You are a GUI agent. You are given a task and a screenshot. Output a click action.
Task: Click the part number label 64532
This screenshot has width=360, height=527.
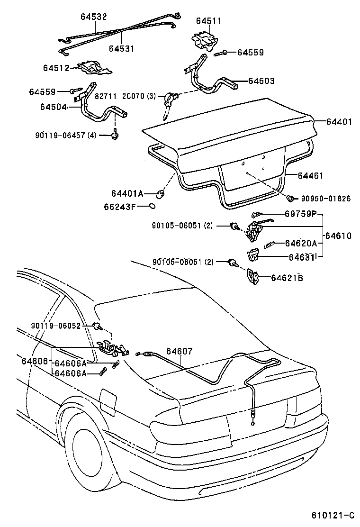(x=93, y=17)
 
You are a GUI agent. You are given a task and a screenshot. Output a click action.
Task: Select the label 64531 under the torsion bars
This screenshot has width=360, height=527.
(x=121, y=48)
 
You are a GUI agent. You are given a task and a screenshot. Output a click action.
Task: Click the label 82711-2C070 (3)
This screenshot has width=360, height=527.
(x=125, y=96)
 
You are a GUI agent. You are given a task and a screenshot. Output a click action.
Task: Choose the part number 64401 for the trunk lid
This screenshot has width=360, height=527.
(x=339, y=122)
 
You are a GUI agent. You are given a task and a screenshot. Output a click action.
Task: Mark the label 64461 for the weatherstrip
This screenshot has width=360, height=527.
(x=310, y=176)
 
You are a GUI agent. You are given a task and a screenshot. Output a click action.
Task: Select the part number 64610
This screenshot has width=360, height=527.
(x=338, y=236)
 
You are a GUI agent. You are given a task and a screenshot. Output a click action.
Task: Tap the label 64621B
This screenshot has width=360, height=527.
(x=287, y=278)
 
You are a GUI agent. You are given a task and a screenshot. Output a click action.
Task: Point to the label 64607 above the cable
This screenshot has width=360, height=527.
(x=180, y=351)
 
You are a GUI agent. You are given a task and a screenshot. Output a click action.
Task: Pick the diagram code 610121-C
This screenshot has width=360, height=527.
(x=333, y=515)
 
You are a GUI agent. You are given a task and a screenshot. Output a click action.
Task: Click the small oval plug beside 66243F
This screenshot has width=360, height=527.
(x=152, y=206)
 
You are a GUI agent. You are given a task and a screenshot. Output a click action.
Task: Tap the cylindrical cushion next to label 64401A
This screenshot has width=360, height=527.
(x=161, y=194)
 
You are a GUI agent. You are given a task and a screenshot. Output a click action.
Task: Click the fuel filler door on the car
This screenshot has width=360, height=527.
(x=108, y=400)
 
